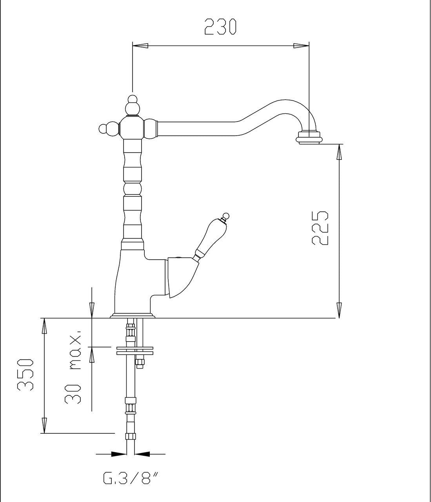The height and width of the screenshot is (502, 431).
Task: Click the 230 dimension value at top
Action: point(221,27)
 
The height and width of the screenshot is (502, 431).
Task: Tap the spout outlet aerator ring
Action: point(309,138)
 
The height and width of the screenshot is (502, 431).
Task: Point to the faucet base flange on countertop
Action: point(133,315)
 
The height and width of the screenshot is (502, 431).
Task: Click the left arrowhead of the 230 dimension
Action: point(140,46)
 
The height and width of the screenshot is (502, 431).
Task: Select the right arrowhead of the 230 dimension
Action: point(302,46)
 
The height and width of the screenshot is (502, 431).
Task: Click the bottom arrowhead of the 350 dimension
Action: point(44,426)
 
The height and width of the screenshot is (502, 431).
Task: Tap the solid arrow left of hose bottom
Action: point(119,455)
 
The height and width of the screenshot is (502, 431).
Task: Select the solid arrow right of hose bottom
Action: point(143,455)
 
